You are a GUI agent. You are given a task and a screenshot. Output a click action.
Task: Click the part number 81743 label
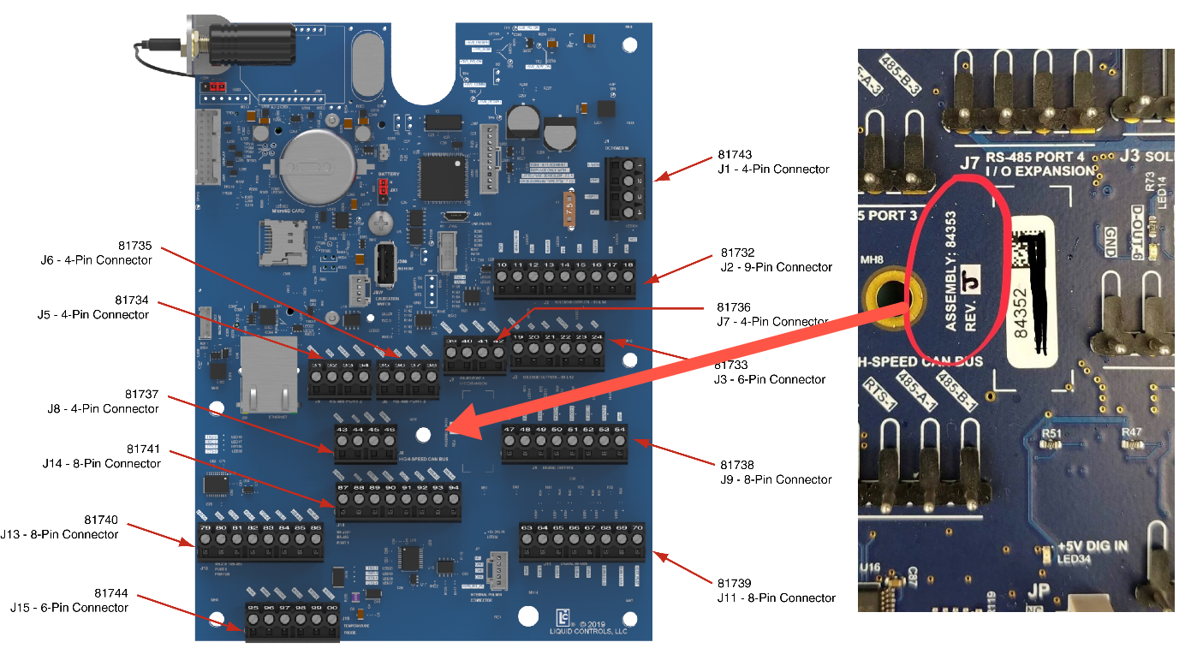[734, 155]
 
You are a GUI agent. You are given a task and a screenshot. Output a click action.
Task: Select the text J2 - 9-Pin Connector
[776, 267]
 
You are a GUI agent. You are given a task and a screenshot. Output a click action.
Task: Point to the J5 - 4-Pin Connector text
[93, 314]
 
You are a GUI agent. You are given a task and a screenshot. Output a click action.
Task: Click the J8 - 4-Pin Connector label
[103, 408]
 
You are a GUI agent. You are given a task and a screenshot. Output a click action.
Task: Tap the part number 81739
[735, 583]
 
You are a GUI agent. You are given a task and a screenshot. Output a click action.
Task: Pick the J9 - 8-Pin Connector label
[777, 479]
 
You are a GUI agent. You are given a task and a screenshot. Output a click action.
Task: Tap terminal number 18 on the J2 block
[628, 266]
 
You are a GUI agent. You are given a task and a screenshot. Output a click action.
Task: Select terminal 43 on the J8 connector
[342, 429]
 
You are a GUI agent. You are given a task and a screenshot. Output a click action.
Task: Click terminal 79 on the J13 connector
[205, 528]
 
